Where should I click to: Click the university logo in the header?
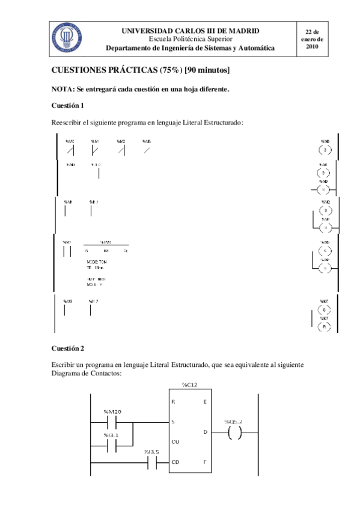tap(66, 38)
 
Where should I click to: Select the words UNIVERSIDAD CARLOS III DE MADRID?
tap(191, 30)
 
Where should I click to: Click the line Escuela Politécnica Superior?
tap(190, 38)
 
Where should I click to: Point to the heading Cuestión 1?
tap(67, 105)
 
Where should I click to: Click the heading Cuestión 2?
tap(67, 348)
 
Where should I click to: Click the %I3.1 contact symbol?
tap(114, 446)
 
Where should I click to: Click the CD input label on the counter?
tap(174, 462)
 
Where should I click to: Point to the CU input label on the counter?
tap(174, 443)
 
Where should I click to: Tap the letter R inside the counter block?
tap(173, 402)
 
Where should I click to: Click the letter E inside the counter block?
tap(204, 402)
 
